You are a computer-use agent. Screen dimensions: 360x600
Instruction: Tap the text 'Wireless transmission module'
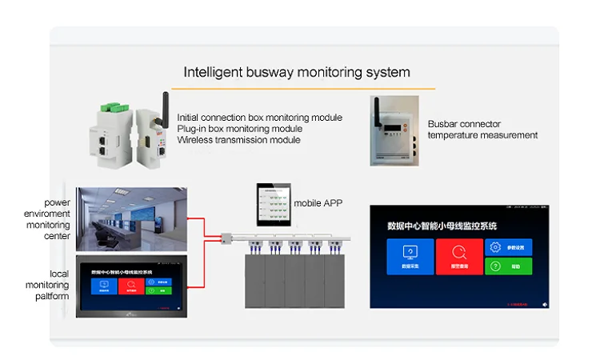click(x=238, y=140)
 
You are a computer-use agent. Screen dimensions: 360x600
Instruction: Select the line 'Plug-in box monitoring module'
click(x=239, y=129)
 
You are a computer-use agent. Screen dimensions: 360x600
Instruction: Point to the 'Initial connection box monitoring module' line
click(x=259, y=118)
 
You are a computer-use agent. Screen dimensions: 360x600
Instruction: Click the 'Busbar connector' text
click(x=464, y=124)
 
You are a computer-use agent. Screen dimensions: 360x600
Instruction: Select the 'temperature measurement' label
click(x=482, y=135)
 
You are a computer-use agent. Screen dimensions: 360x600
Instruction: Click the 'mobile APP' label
click(x=318, y=203)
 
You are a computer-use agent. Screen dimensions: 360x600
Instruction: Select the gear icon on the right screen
click(x=495, y=247)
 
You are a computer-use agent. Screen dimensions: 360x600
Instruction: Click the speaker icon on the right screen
click(x=545, y=304)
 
